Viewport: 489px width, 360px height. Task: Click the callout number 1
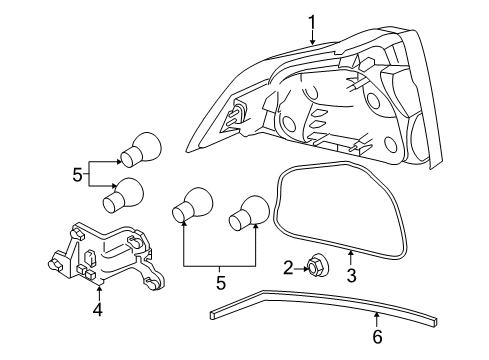coord(312,23)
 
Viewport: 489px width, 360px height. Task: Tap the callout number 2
coord(288,268)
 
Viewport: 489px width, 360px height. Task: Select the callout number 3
coord(351,276)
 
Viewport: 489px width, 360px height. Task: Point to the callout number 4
coord(98,310)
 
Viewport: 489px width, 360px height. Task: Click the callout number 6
coord(377,337)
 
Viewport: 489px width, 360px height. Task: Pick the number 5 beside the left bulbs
coord(77,175)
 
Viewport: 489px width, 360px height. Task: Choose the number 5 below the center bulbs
coord(221,282)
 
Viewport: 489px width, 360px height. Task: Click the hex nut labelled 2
coord(315,266)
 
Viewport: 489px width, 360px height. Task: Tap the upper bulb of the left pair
coord(140,149)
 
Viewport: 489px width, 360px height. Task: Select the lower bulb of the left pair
coord(123,194)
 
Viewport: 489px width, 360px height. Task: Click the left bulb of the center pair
coord(192,204)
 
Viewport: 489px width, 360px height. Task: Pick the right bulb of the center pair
coord(249,212)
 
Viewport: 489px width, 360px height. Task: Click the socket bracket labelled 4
coord(106,255)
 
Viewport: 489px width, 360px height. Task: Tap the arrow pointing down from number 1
coord(312,38)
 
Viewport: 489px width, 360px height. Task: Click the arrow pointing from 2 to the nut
coord(302,268)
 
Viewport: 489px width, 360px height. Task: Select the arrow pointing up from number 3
coord(351,259)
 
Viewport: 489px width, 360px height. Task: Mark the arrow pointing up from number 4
coord(99,293)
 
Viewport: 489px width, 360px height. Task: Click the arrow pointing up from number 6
coord(377,319)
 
